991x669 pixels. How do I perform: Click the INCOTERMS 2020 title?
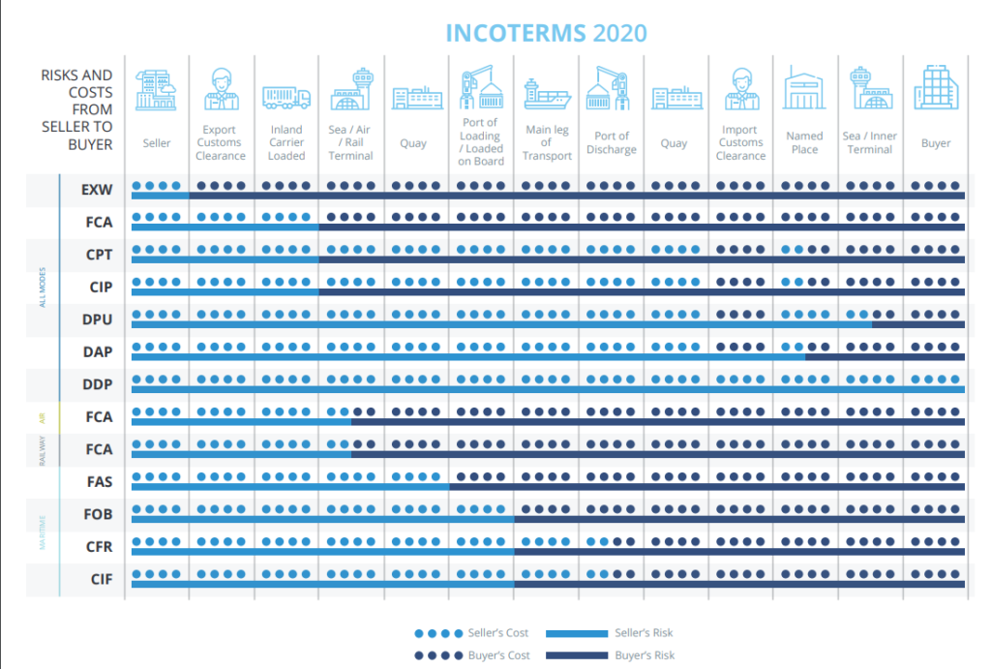pos(546,33)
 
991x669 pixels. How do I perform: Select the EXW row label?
pos(98,190)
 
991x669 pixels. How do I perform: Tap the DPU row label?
pos(98,319)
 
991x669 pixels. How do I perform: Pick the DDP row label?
pos(98,384)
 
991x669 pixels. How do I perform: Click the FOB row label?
pos(98,514)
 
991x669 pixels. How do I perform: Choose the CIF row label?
pos(100,579)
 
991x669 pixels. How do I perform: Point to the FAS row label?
pos(99,481)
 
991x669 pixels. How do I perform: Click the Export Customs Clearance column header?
pos(222,142)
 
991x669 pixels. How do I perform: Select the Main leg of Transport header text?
pos(546,142)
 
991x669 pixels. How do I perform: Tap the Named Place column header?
pos(804,142)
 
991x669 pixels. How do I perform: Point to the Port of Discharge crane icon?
pos(611,89)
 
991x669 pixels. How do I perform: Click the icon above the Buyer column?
pos(936,87)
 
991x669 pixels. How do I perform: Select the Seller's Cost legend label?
pos(497,633)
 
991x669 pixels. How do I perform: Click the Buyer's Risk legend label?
pos(645,655)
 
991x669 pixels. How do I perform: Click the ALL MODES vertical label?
pos(42,288)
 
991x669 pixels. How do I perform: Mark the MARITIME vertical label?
pos(42,531)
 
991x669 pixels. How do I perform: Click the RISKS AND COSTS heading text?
pos(76,109)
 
